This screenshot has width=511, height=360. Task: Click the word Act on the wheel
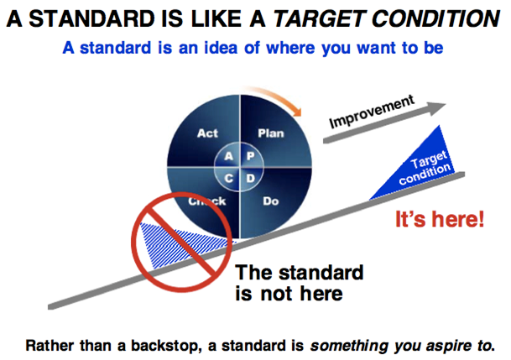pos(207,133)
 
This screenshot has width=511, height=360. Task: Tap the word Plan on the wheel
pos(271,133)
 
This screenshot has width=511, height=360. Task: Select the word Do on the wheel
pos(270,201)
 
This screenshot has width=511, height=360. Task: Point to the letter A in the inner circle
pos(229,156)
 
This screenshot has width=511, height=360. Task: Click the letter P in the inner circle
pos(250,156)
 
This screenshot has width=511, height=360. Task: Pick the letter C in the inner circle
pos(229,178)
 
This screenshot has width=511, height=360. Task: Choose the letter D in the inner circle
pos(250,178)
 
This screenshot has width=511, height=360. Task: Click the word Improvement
pos(372,112)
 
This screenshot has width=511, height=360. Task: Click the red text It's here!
pos(440,219)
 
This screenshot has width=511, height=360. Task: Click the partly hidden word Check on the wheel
pos(206,201)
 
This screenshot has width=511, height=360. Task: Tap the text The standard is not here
pos(299,283)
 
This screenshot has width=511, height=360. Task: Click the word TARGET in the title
pos(318,18)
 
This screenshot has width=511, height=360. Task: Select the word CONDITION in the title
pos(435,18)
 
